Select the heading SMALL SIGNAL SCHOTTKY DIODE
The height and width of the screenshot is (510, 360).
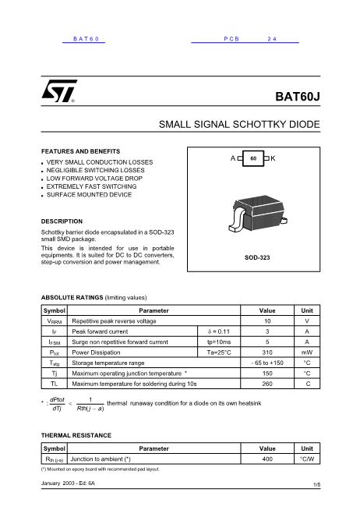click(x=239, y=125)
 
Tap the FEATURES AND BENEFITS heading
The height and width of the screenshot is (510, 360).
click(x=80, y=151)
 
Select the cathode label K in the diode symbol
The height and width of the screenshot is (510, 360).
click(x=274, y=158)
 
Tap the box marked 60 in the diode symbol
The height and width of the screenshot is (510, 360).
click(x=253, y=159)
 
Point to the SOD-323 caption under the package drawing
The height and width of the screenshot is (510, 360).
click(x=256, y=257)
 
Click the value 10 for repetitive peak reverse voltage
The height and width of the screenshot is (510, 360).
click(x=267, y=321)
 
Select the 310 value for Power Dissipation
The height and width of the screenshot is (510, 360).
click(x=267, y=352)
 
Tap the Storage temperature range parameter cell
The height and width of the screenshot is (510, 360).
click(x=108, y=363)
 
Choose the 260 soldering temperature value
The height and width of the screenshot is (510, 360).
click(x=267, y=384)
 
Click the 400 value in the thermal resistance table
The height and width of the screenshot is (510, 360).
click(x=267, y=460)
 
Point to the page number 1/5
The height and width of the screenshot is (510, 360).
click(x=316, y=485)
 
